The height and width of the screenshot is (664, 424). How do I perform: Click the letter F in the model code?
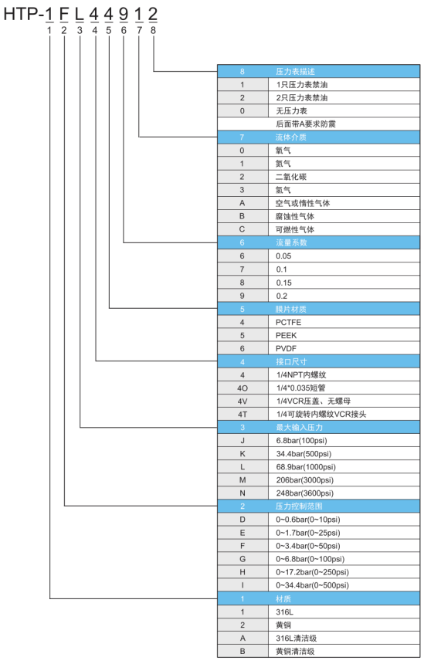pos(64,15)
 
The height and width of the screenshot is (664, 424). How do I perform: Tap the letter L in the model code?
pos(80,15)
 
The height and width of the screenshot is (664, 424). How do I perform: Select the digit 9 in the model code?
pos(124,15)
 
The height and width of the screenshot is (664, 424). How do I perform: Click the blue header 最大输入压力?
pos(299,427)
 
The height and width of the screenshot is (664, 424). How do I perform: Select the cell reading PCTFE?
pos(288,322)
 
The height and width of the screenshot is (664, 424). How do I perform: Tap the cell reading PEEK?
pos(287,335)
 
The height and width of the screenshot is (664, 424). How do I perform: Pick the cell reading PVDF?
pos(286,348)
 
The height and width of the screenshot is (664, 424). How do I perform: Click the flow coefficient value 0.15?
pos(283,283)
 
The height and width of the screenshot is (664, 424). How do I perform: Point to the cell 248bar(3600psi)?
pos(304,493)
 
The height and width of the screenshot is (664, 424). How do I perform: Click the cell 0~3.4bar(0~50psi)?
pos(308,546)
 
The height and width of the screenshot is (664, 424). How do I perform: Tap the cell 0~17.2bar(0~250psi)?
pos(312,572)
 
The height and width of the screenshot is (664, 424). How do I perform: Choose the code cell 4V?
pos(243,401)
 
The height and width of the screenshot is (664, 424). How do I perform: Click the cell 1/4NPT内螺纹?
pos(301,374)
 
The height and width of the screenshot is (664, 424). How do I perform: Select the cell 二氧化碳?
pos(290,177)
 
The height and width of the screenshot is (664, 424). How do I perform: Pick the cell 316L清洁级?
pos(296,639)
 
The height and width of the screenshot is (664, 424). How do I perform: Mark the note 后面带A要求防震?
pos(306,124)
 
